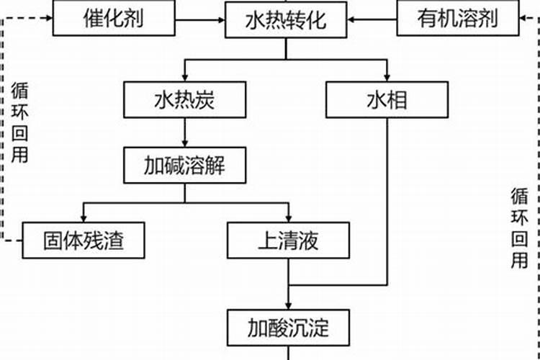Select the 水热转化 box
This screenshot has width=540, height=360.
(285, 19)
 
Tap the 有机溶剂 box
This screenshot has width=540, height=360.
(457, 17)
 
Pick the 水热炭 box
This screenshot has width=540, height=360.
(184, 99)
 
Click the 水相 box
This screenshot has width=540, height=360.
(387, 99)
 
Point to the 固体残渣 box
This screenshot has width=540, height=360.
(83, 240)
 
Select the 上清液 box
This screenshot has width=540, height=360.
(288, 240)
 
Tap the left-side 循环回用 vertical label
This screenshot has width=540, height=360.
(20, 122)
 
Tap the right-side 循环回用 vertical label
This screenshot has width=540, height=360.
(520, 229)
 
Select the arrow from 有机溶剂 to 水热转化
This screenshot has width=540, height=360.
(372, 18)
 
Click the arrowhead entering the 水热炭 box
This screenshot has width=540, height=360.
(184, 77)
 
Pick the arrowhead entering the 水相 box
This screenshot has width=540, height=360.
(387, 77)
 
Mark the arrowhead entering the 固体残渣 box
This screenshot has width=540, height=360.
(83, 217)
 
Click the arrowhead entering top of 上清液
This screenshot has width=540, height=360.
(288, 217)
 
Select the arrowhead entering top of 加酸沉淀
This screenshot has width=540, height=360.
(288, 305)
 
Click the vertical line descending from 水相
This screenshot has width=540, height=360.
(387, 202)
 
